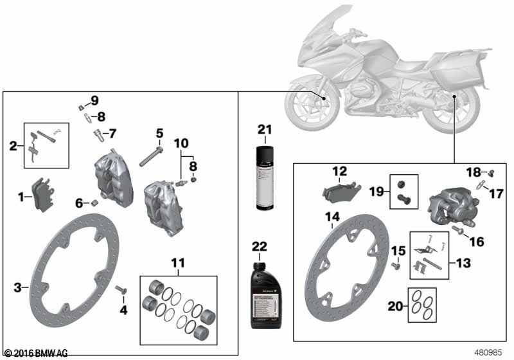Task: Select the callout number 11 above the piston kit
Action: click(x=177, y=263)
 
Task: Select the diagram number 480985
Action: click(x=488, y=353)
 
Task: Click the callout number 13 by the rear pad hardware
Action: click(x=463, y=262)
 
